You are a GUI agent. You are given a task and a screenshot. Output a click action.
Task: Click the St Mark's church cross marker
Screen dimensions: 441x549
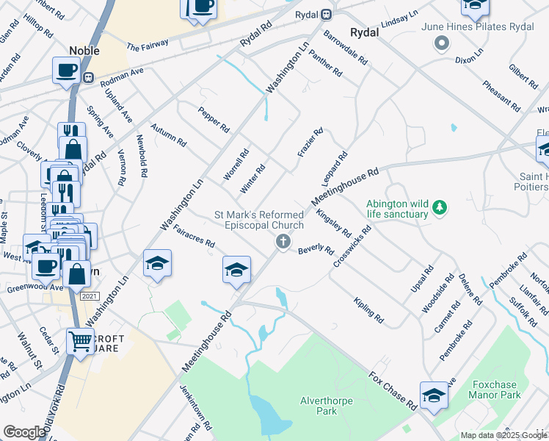[x=282, y=241]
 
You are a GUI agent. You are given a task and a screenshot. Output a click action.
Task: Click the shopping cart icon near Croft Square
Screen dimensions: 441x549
[x=80, y=340]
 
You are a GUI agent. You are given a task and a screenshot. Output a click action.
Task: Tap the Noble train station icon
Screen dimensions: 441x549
[x=88, y=76]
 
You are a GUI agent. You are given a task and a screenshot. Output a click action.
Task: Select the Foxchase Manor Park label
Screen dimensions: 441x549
[x=495, y=390]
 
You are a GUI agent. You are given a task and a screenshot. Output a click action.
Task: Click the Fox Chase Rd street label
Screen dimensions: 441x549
[x=392, y=392]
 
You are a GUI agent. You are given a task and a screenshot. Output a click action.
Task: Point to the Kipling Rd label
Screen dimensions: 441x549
[x=368, y=311]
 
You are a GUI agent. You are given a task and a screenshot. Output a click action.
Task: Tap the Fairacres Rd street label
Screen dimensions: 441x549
[x=194, y=236]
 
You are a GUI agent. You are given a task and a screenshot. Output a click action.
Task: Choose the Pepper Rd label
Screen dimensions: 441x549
[x=214, y=120]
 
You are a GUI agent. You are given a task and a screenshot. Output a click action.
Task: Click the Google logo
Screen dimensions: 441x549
[x=24, y=433]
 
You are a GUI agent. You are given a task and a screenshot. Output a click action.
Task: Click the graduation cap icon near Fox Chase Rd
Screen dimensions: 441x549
[x=434, y=395]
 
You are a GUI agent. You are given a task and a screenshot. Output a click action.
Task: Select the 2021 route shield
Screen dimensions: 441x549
[x=89, y=295]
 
